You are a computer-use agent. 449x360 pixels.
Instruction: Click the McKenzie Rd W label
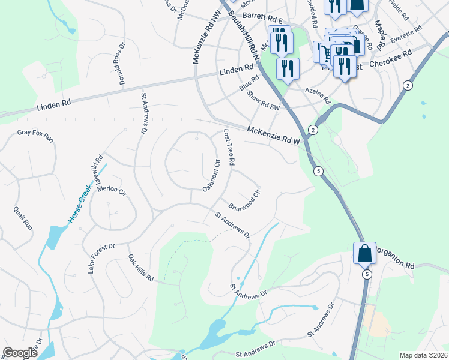pos(273,134)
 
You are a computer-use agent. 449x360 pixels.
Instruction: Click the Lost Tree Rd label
pos(229,148)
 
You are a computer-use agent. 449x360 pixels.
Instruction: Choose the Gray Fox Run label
pos(35,136)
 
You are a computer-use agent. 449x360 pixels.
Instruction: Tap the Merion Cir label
pos(113,190)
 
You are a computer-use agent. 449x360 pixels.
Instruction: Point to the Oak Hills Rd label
pos(140,269)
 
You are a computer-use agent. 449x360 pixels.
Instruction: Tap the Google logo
pos(20,353)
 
